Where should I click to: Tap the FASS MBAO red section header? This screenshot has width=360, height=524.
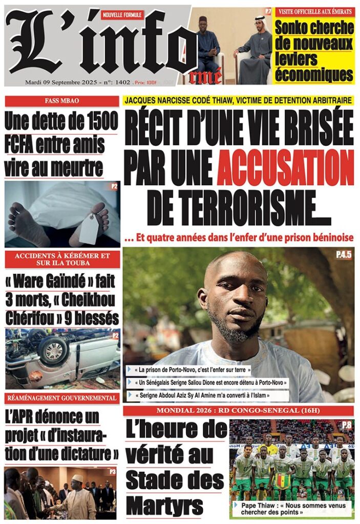click(x=61, y=101)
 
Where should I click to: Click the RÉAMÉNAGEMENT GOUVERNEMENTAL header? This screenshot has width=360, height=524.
click(x=61, y=398)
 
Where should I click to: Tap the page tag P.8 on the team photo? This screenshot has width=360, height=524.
click(x=347, y=424)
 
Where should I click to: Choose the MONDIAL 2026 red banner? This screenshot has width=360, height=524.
click(x=238, y=410)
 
